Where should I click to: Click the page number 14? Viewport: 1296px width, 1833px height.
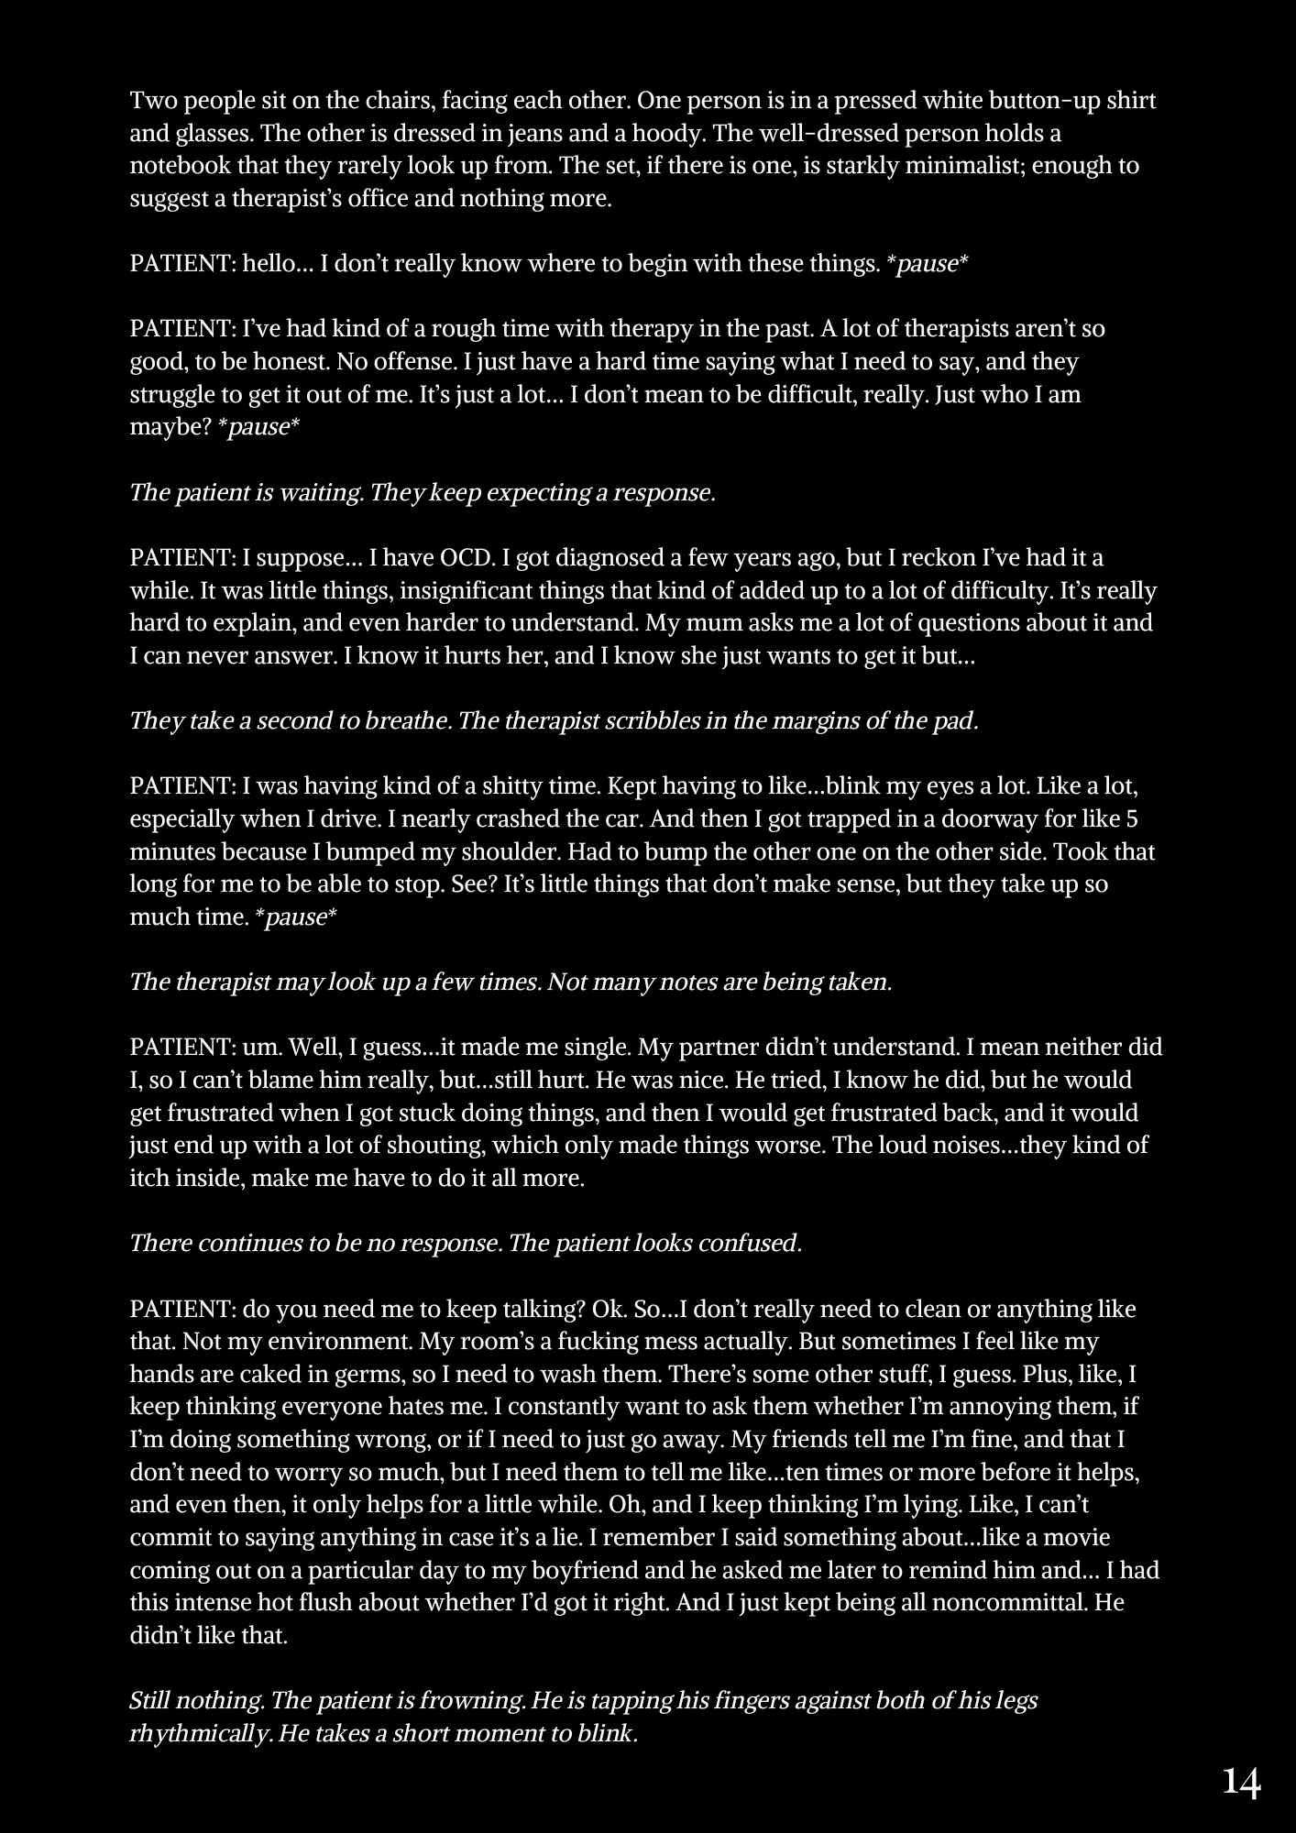pos(1242,1783)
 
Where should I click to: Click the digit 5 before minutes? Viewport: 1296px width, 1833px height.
pos(1131,818)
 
